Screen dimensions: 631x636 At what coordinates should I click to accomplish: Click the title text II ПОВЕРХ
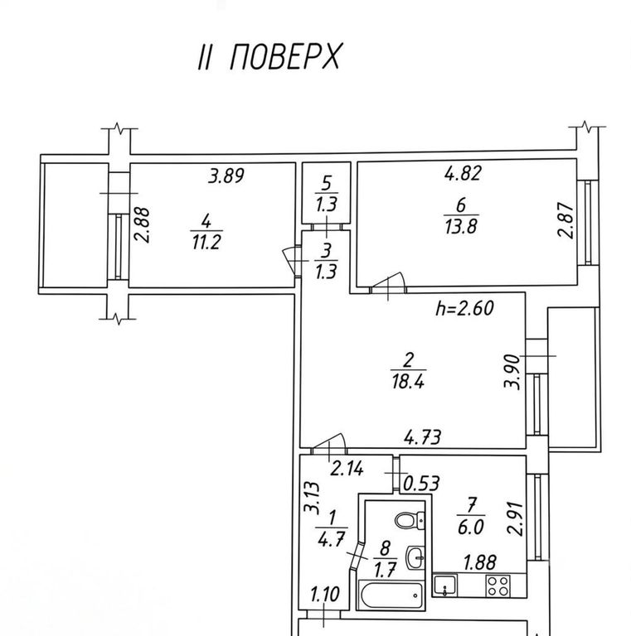coord(269,56)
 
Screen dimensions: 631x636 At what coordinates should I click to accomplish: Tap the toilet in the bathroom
coord(410,519)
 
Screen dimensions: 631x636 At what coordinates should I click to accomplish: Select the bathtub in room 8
coord(391,595)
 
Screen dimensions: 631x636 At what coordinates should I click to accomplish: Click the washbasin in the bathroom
coord(415,557)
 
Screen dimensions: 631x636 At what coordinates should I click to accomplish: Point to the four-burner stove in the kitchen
coord(498,586)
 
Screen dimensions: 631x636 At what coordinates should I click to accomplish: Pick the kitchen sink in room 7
coord(445,585)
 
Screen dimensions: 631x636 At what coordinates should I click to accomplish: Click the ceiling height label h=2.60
coord(464,308)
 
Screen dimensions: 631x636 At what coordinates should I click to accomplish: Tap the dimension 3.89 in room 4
coord(226,176)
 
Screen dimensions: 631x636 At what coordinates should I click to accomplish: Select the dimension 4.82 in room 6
coord(463,173)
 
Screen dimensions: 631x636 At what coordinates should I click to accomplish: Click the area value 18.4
coord(408,382)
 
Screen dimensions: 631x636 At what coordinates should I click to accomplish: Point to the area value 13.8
coord(460,227)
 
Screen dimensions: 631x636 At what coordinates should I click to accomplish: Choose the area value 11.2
coord(206,243)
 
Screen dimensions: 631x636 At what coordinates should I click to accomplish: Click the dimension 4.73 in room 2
coord(422,437)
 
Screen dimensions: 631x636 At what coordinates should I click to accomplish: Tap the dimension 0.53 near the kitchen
coord(420,484)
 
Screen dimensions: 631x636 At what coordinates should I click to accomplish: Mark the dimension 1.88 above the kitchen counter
coord(480,563)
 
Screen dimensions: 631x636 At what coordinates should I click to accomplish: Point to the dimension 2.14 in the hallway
coord(347,470)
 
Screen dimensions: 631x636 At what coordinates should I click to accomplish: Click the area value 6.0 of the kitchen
coord(471,528)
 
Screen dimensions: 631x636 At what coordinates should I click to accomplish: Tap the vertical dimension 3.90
coord(512,372)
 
